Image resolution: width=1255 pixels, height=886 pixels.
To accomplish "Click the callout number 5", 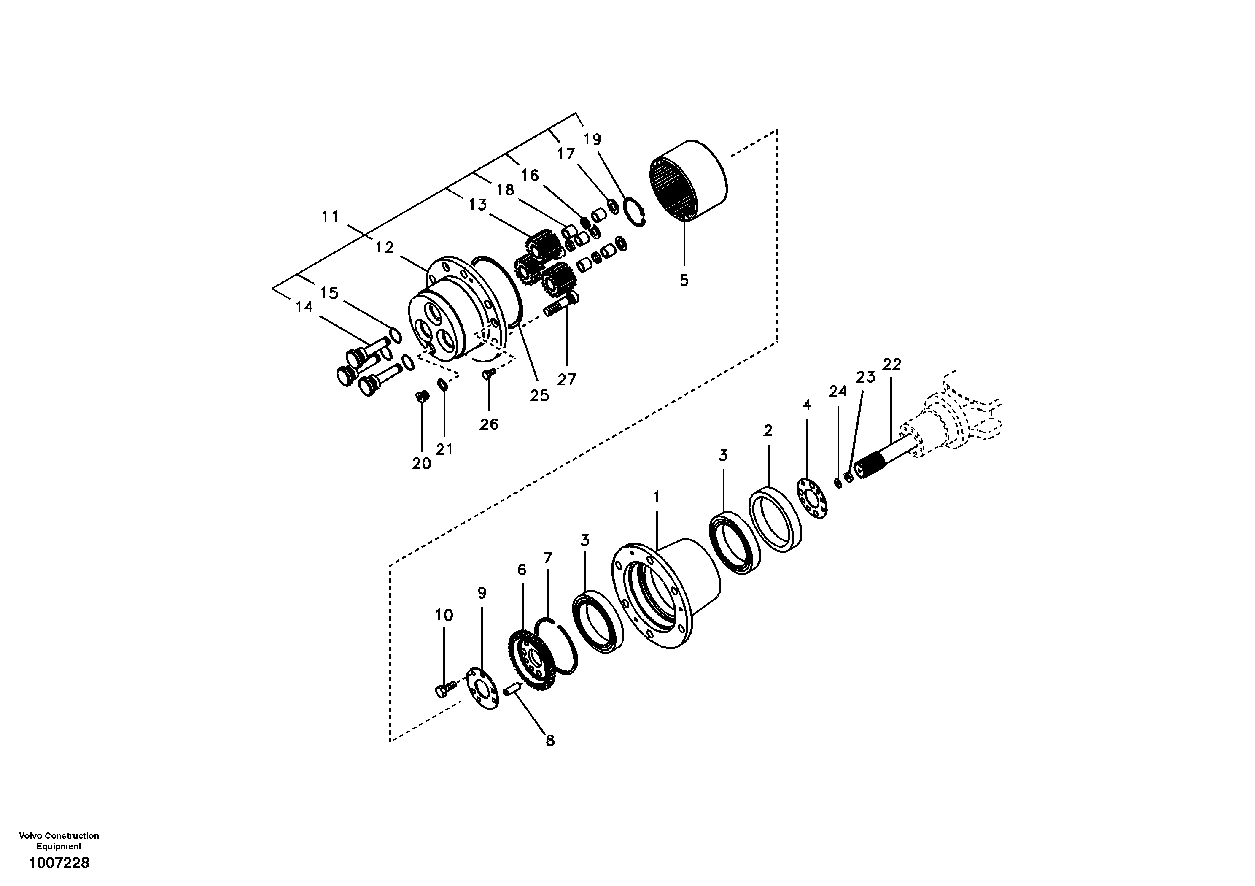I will [684, 281].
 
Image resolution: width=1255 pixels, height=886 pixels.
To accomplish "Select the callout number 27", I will [566, 379].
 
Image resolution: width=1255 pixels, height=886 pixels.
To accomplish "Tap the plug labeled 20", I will [421, 396].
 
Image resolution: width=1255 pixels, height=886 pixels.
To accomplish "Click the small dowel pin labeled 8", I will [513, 691].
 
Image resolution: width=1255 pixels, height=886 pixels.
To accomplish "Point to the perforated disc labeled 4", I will [811, 498].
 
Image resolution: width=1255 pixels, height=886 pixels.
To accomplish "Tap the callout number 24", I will [838, 391].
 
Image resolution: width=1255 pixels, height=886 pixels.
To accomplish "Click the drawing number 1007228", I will [59, 864].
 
